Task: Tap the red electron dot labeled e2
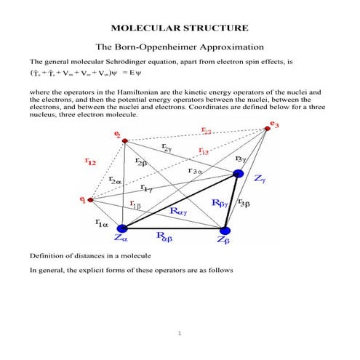[124, 141]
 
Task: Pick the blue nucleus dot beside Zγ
[237, 173]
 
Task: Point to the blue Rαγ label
[177, 211]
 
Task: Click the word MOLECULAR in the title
[145, 28]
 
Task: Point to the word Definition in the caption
[47, 257]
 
